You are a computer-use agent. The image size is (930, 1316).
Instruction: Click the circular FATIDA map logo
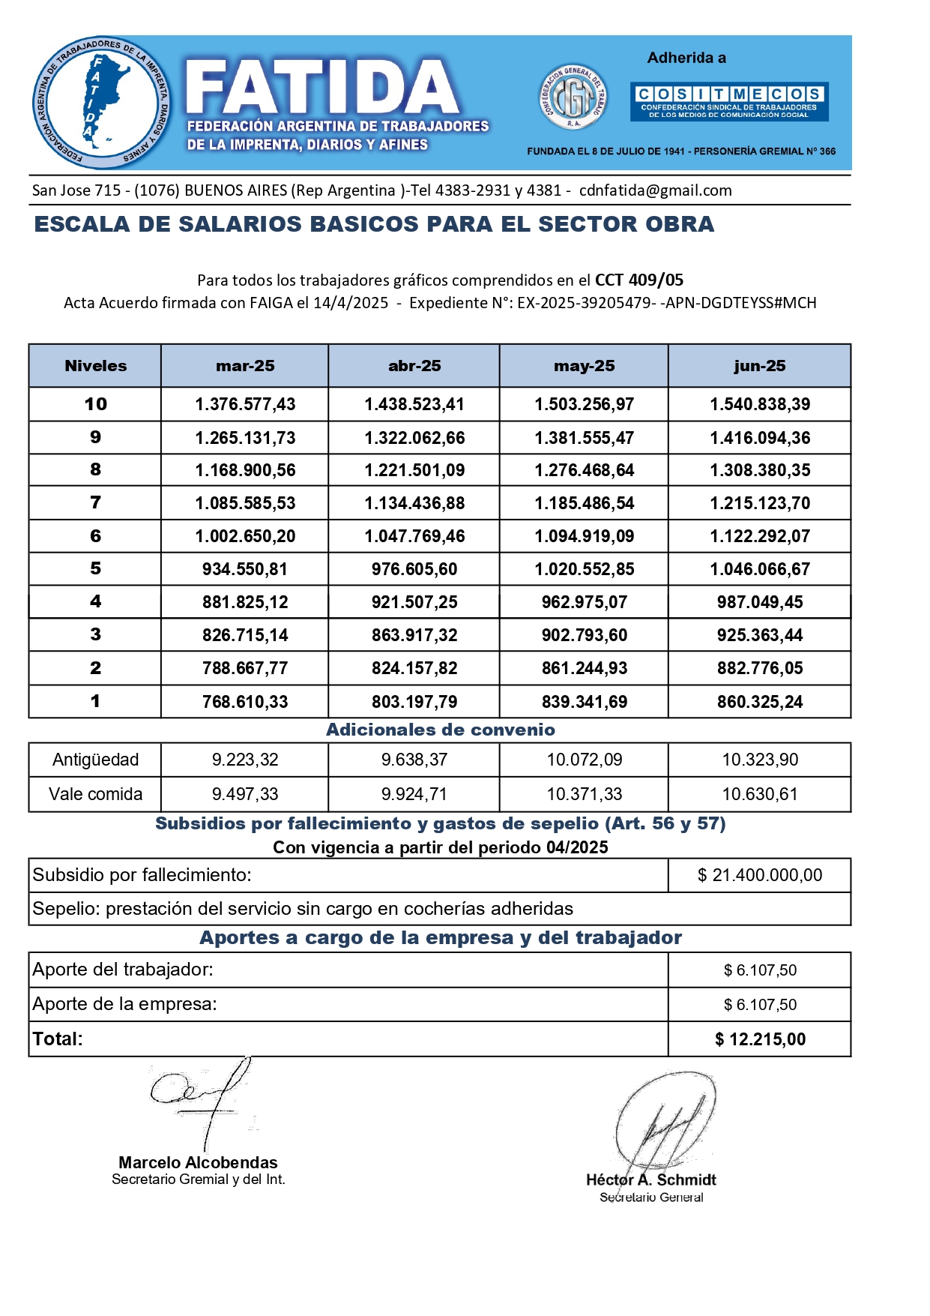pos(101,103)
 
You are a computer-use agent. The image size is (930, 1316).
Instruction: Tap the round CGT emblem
pos(573,97)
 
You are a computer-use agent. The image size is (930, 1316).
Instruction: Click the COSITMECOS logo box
pos(729,101)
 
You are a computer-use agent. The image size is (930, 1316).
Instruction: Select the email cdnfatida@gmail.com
pos(655,190)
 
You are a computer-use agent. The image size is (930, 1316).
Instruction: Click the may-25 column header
pos(584,366)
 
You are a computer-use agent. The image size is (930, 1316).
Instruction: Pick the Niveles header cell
pos(95,366)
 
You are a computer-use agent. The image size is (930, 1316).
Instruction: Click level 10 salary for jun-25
pos(759,404)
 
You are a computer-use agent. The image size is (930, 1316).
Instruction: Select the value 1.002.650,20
pos(245,536)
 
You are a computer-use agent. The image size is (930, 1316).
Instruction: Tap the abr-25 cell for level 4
pos(414,602)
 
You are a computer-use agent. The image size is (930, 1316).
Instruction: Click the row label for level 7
pos(95,502)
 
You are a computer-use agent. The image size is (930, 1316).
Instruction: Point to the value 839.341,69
pos(584,702)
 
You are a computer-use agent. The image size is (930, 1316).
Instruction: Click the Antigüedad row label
pos(95,760)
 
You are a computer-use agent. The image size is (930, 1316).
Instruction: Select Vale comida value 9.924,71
pos(414,794)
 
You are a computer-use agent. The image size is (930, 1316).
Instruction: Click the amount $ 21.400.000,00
pos(759,875)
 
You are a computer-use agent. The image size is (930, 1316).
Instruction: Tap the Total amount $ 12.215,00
pos(759,1039)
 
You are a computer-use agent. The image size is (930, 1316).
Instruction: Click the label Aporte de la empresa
pos(124,1004)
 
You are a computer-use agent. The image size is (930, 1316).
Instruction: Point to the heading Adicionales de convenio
pos(440,730)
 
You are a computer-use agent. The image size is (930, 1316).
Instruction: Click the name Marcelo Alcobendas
pos(198,1162)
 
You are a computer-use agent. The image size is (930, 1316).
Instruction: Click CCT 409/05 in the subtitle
pos(638,280)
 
